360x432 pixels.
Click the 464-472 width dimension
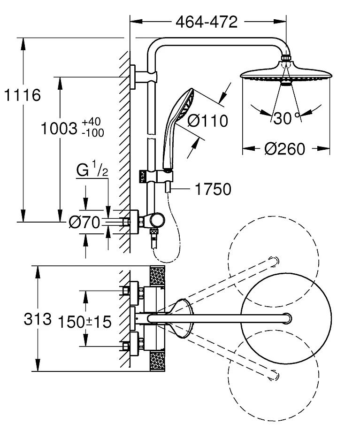(x=206, y=22)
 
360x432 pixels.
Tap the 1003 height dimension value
(x=59, y=128)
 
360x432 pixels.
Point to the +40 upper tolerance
(x=92, y=123)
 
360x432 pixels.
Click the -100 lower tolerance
(x=92, y=133)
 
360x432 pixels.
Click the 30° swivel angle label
(x=285, y=118)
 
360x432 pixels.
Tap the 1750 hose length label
(x=213, y=189)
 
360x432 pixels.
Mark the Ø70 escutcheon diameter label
(x=84, y=222)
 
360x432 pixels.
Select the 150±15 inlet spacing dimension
(x=84, y=321)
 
